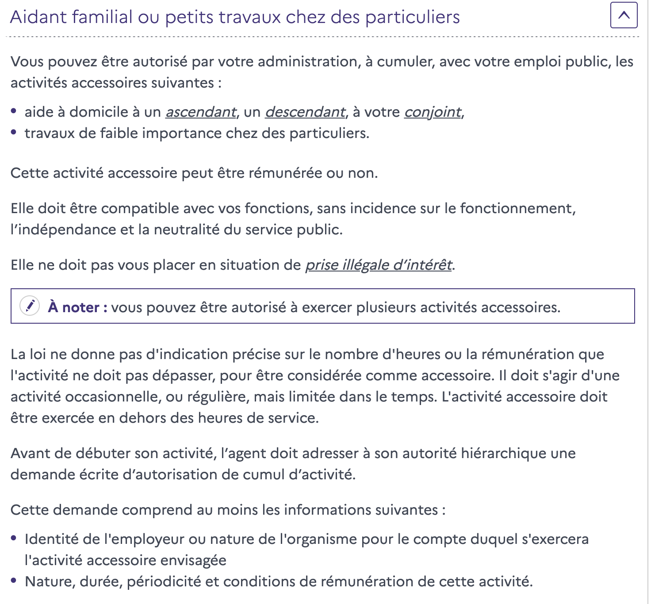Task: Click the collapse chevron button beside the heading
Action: click(624, 15)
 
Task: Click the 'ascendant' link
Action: click(201, 112)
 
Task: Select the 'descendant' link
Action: click(305, 112)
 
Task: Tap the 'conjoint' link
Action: click(433, 112)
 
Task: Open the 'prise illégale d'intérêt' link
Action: click(379, 265)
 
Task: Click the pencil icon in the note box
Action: click(30, 306)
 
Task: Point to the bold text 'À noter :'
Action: click(78, 307)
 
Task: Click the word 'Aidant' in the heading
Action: click(38, 17)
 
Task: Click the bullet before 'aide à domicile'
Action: click(14, 111)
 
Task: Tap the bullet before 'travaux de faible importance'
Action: click(14, 132)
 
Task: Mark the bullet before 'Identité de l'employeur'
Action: click(14, 538)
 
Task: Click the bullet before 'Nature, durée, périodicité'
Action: click(14, 581)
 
